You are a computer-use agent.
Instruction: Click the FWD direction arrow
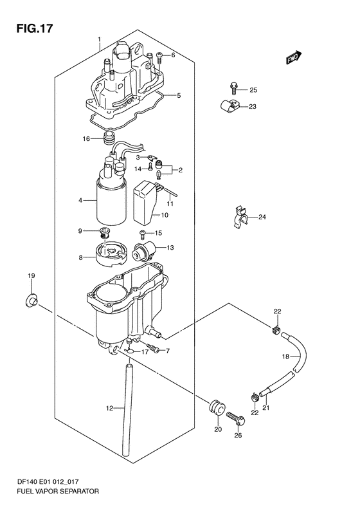pyautogui.click(x=294, y=57)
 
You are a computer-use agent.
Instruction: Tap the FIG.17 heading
pyautogui.click(x=34, y=28)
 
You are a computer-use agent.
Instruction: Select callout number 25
pyautogui.click(x=253, y=90)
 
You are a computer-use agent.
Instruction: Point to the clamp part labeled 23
pyautogui.click(x=228, y=106)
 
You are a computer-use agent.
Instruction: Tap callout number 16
pyautogui.click(x=86, y=139)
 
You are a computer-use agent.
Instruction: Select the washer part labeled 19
pyautogui.click(x=32, y=301)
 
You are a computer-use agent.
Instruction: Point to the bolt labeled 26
pyautogui.click(x=236, y=418)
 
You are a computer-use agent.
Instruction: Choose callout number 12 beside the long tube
pyautogui.click(x=110, y=408)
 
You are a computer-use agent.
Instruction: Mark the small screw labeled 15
pyautogui.click(x=142, y=232)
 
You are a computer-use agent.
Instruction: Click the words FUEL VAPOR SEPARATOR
pyautogui.click(x=57, y=491)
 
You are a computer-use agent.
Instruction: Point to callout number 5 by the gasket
pyautogui.click(x=179, y=95)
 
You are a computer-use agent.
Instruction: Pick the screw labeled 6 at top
pyautogui.click(x=159, y=58)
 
